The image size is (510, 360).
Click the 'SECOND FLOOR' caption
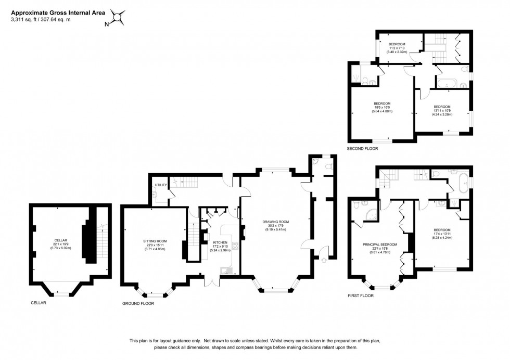(x=362, y=148)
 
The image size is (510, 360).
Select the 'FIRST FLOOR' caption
(x=361, y=295)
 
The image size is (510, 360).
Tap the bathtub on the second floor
(x=447, y=83)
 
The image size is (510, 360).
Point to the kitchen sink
(x=226, y=270)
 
